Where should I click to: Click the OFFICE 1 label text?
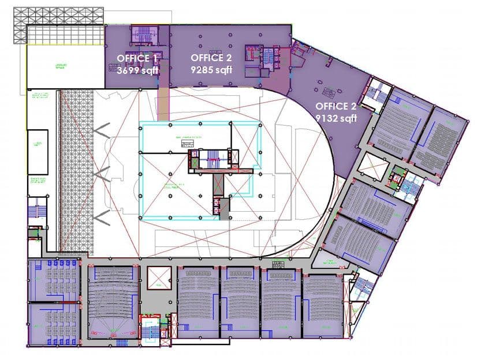click(137, 58)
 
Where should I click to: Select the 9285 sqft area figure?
click(211, 69)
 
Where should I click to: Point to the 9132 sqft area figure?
click(336, 118)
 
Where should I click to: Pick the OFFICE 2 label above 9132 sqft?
click(336, 107)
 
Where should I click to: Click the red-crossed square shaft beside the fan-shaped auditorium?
click(158, 277)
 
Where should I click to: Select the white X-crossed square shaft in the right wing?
click(372, 167)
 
